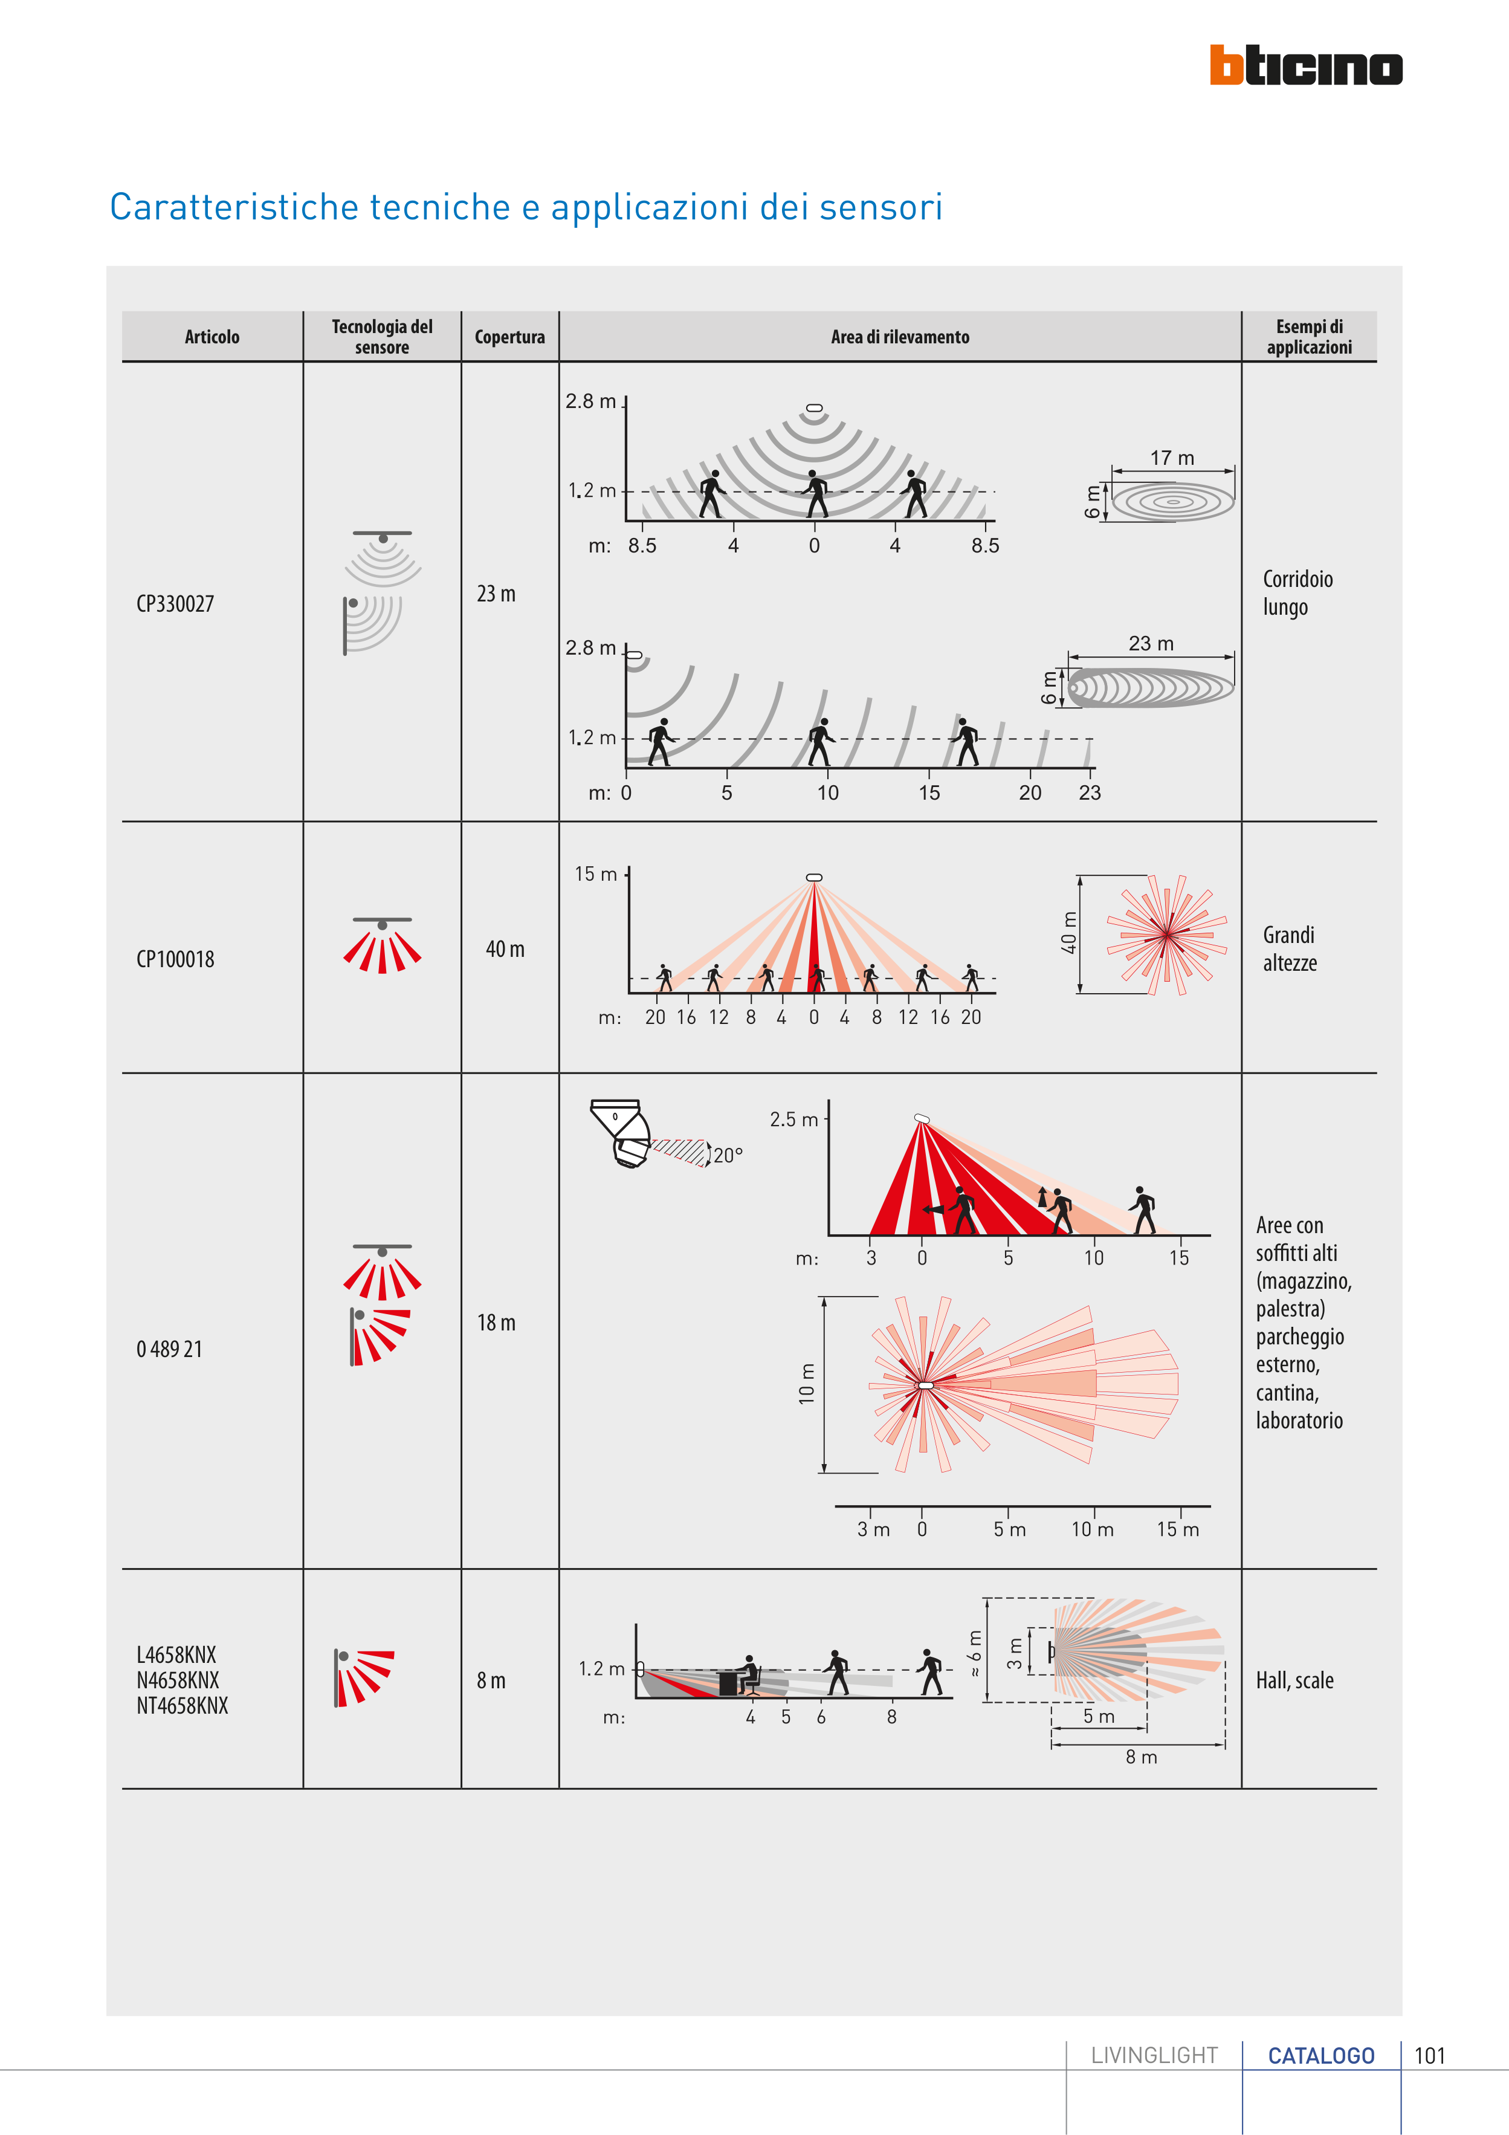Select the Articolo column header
(x=212, y=337)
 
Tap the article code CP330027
(x=175, y=603)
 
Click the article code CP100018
(x=175, y=959)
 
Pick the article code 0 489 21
(x=169, y=1349)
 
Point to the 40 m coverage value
(x=505, y=948)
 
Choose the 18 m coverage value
(x=496, y=1323)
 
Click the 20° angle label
(x=728, y=1155)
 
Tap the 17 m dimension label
(x=1172, y=458)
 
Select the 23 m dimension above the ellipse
(x=1151, y=644)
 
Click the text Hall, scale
(x=1294, y=1680)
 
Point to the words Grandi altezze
(x=1290, y=948)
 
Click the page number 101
(x=1430, y=2055)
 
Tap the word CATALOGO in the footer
(x=1320, y=2055)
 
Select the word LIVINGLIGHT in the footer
(x=1154, y=2055)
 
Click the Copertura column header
(x=509, y=337)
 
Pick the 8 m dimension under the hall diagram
(x=1141, y=1757)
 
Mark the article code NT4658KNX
(x=183, y=1705)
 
